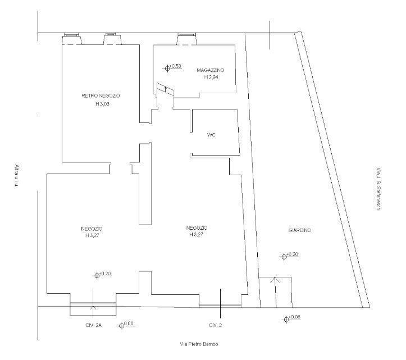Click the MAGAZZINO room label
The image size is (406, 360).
pos(211,70)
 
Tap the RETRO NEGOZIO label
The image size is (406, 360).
pos(101,96)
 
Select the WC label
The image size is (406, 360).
pos(211,135)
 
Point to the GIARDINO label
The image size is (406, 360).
pos(300,230)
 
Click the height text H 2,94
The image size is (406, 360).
pos(211,77)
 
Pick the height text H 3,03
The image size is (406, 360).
pos(102,104)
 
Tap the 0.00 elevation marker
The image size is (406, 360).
pos(126,325)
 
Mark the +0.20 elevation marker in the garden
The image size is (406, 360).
pos(289,256)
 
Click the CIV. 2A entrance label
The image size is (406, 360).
pos(93,325)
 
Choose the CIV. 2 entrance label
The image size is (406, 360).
pos(216,325)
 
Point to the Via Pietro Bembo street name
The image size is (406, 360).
pos(199,344)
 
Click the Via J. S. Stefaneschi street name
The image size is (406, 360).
pos(378,189)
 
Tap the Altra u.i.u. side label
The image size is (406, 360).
pos(17,176)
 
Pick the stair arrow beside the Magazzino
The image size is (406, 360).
pos(166,90)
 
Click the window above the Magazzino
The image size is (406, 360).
pos(186,34)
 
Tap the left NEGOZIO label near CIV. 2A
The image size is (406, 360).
pos(92,229)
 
